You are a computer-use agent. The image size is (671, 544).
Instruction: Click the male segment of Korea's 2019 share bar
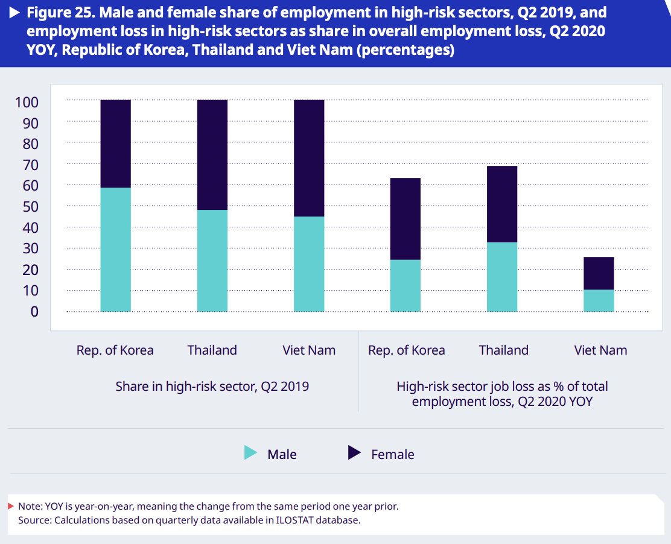pyautogui.click(x=115, y=250)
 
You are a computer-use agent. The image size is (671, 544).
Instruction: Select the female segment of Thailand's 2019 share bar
pyautogui.click(x=212, y=154)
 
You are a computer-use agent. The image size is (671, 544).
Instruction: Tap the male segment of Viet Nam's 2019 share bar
pyautogui.click(x=308, y=264)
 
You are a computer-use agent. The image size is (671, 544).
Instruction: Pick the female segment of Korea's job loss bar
pyautogui.click(x=405, y=218)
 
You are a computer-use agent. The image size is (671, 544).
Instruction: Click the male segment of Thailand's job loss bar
pyautogui.click(x=501, y=277)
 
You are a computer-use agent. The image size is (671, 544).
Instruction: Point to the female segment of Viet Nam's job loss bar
pyautogui.click(x=599, y=273)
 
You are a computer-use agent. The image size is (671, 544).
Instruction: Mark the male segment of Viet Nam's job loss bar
pyautogui.click(x=599, y=300)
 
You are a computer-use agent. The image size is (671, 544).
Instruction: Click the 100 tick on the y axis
pyautogui.click(x=27, y=103)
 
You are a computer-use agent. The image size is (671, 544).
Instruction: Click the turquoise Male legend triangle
pyautogui.click(x=250, y=453)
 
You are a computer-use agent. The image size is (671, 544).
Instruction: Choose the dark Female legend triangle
pyautogui.click(x=354, y=453)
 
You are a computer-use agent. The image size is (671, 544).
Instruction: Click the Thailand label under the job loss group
pyautogui.click(x=503, y=350)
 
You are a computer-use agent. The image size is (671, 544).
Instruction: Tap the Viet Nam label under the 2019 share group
pyautogui.click(x=308, y=350)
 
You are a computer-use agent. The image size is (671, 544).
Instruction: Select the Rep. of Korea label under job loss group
pyautogui.click(x=406, y=350)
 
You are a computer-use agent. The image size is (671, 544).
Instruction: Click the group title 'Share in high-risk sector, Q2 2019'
pyautogui.click(x=212, y=387)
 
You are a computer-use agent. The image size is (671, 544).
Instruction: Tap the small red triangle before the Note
pyautogui.click(x=11, y=506)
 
